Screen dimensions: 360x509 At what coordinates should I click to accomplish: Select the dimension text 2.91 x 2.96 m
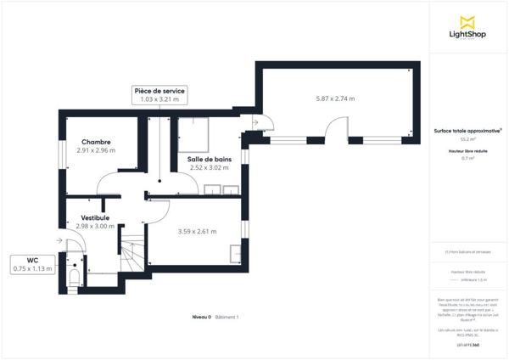95,150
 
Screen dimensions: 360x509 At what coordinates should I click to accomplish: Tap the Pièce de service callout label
159,90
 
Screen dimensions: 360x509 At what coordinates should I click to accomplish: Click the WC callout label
33,260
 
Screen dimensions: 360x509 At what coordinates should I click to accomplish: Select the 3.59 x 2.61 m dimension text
197,231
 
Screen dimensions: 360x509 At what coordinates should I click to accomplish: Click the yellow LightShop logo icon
466,22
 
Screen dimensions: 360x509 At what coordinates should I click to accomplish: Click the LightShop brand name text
466,36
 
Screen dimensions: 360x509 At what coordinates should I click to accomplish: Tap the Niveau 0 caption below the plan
200,317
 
